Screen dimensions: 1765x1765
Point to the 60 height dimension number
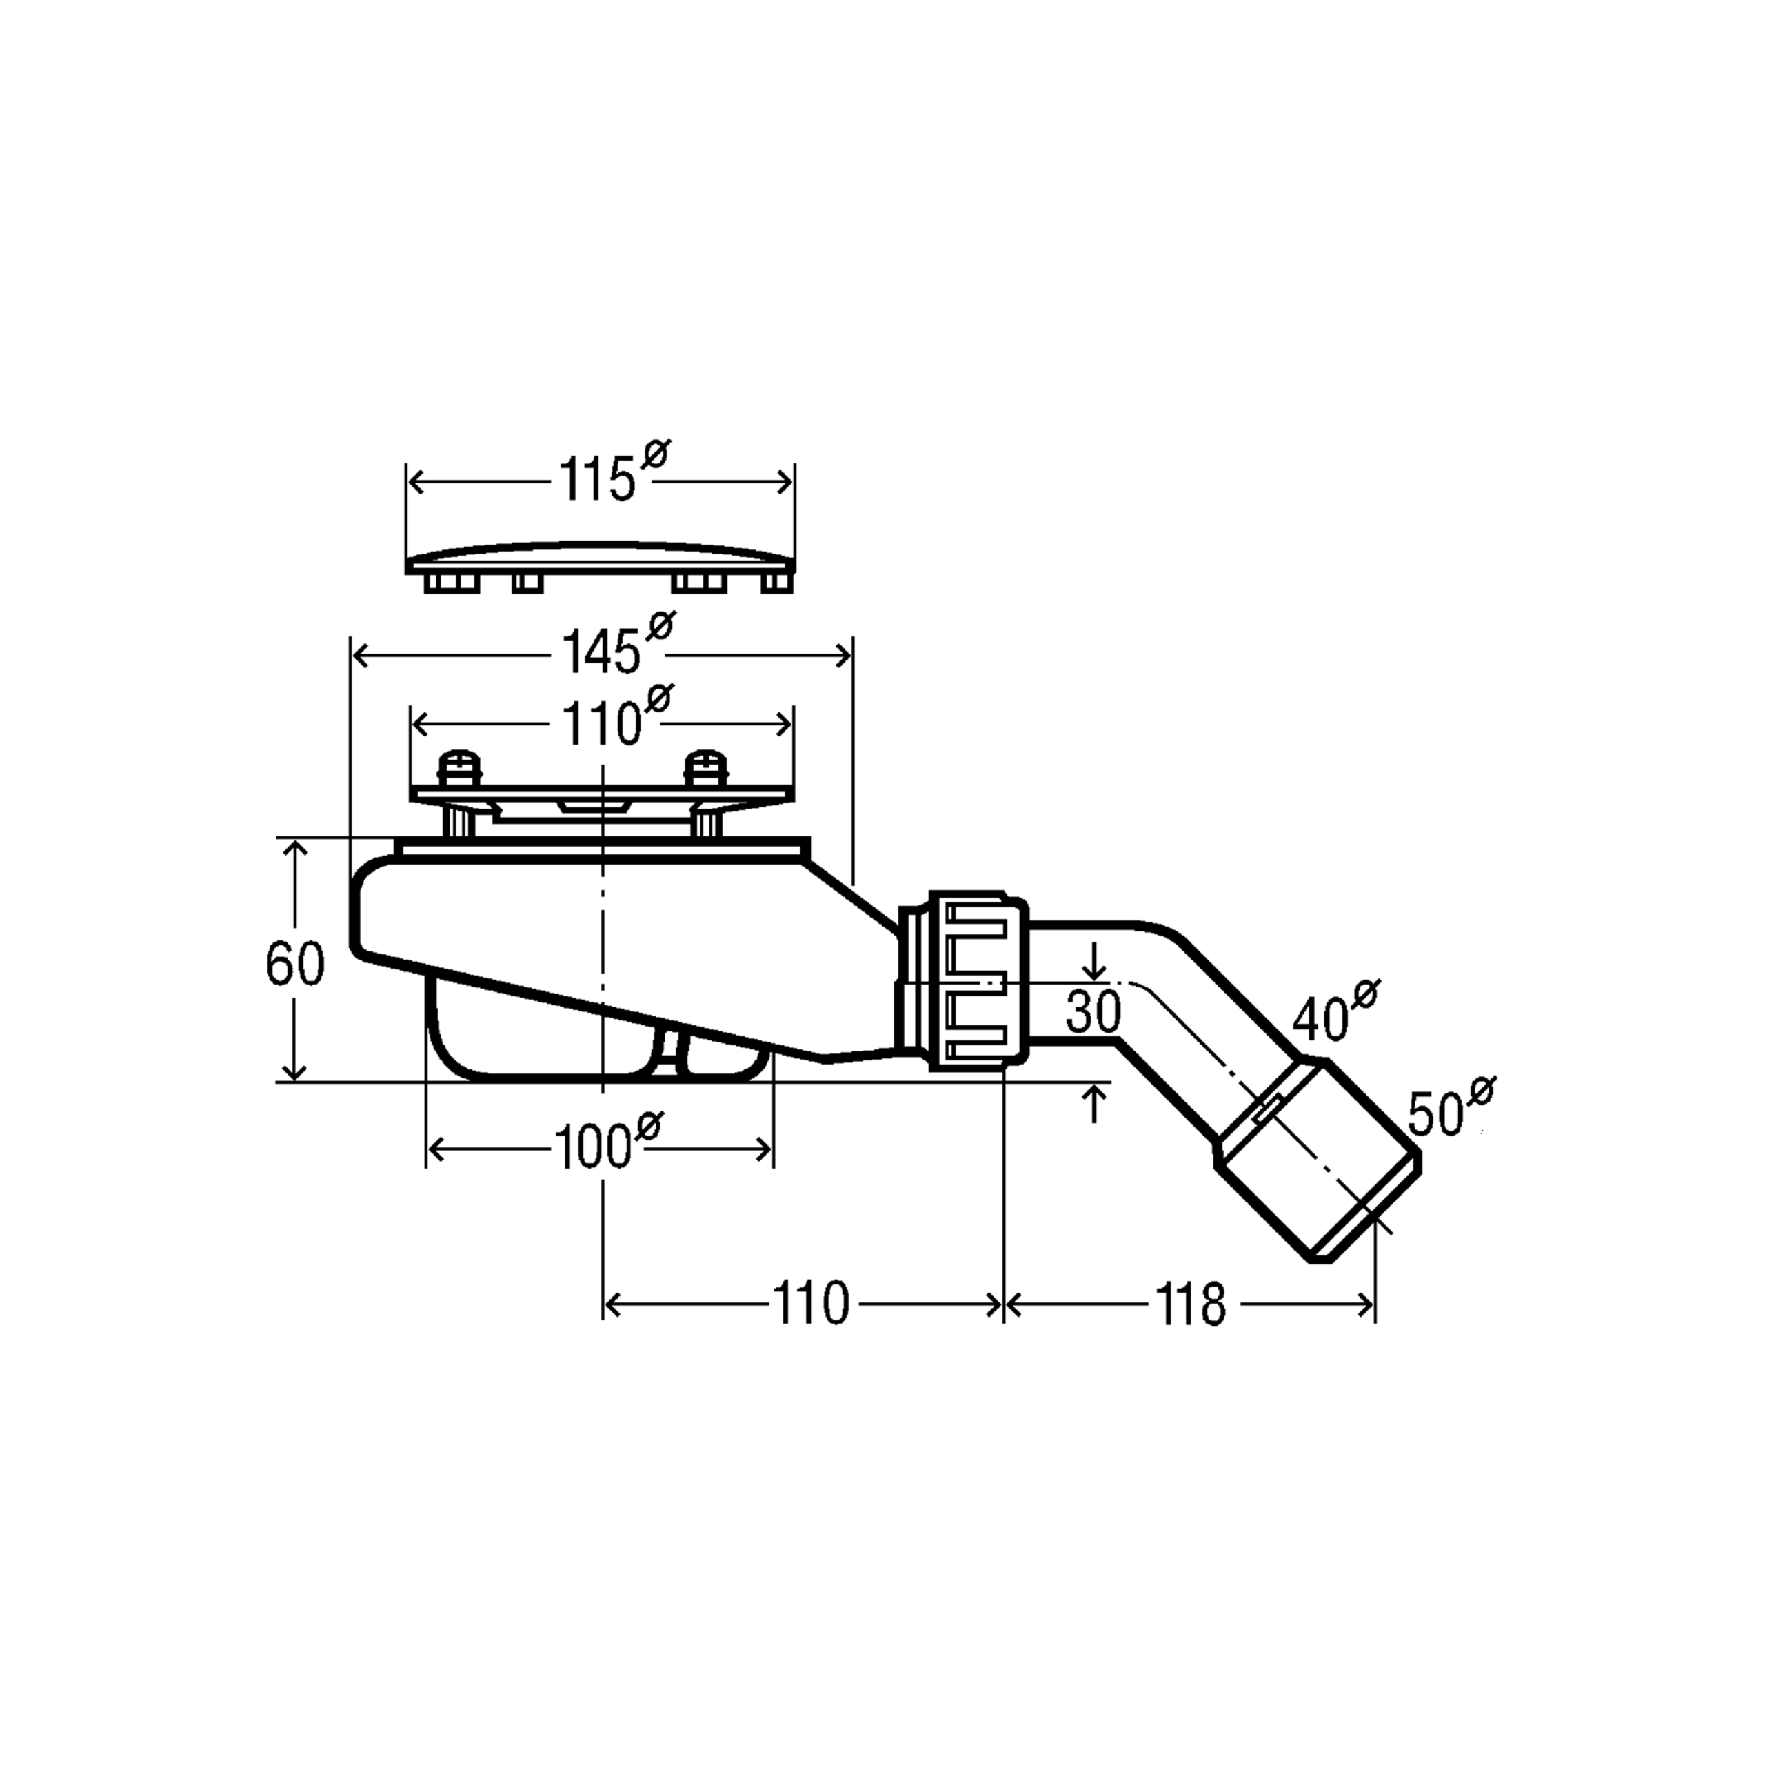(x=294, y=964)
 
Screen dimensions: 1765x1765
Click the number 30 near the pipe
(x=1093, y=1011)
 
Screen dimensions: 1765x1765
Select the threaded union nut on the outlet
(x=978, y=981)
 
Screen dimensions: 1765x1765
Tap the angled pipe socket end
(x=1318, y=1160)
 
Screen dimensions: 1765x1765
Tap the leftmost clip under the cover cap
(x=452, y=582)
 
